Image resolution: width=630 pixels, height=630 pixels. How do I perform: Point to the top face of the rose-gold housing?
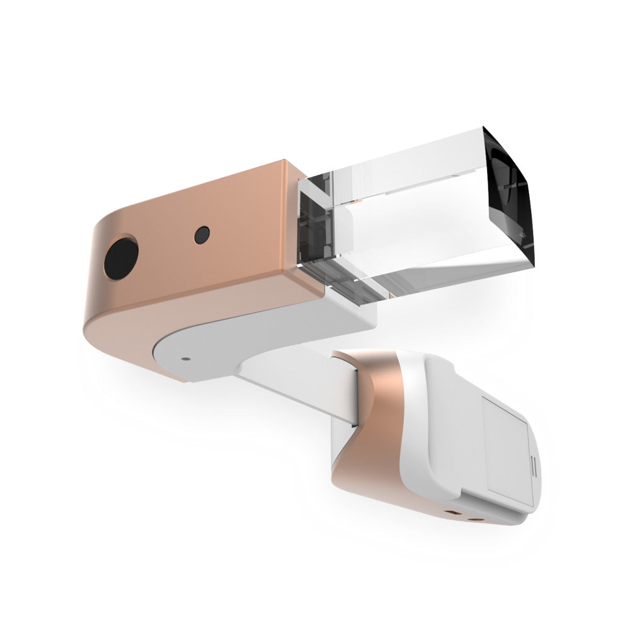[x=208, y=189]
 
